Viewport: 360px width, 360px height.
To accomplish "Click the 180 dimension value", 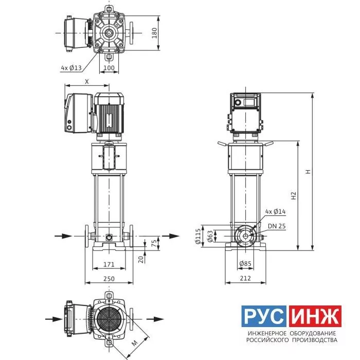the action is (154, 33).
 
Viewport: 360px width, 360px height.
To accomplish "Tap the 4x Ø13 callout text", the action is (71, 68).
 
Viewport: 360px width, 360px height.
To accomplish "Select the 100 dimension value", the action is (109, 68).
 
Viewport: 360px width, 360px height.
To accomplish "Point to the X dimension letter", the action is (87, 81).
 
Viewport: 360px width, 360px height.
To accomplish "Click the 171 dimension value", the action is (109, 264).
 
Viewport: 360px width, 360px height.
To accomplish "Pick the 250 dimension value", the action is (109, 279).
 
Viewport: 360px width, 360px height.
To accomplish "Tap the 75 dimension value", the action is (154, 243).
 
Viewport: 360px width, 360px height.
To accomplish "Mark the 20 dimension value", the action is (141, 260).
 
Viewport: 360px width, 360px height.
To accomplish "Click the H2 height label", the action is (294, 195).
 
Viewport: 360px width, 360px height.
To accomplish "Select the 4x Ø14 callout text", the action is (275, 211).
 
